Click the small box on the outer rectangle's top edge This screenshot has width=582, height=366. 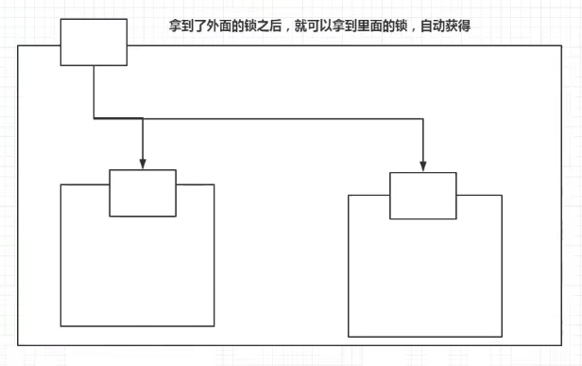click(x=94, y=43)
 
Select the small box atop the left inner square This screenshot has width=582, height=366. click(x=143, y=193)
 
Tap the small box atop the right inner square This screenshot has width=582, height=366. click(x=422, y=196)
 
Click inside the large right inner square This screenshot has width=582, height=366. click(x=425, y=279)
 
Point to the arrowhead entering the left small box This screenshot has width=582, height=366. click(x=142, y=164)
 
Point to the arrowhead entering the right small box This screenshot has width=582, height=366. click(x=422, y=166)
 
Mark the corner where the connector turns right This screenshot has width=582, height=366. click(x=94, y=118)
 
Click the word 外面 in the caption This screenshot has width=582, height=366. click(x=214, y=26)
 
